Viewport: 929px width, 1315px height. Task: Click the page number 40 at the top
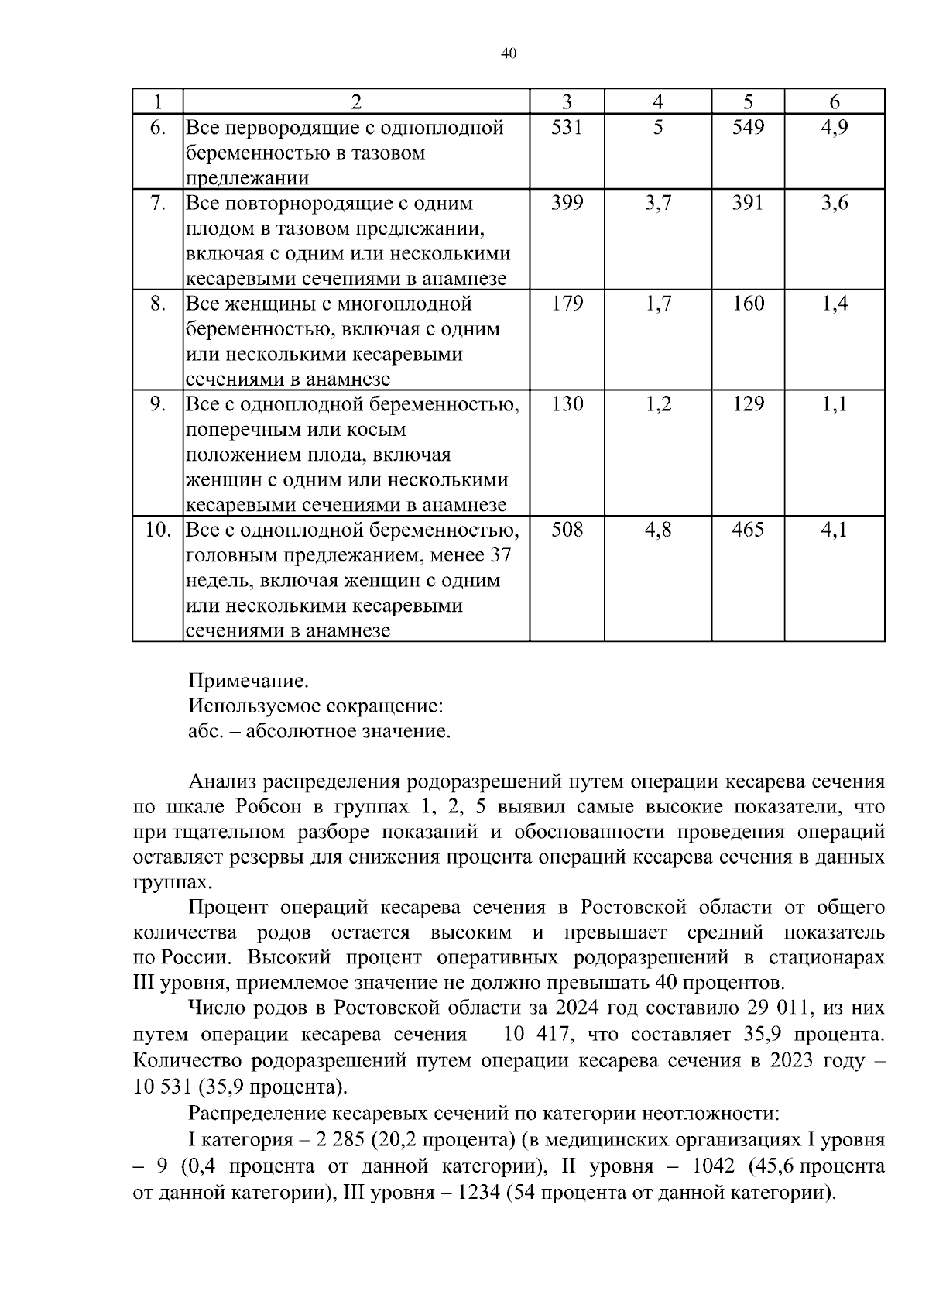tap(508, 53)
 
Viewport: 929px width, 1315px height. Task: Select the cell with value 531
tap(567, 128)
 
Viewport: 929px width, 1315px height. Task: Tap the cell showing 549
tap(748, 128)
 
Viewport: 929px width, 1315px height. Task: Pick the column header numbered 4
tap(658, 102)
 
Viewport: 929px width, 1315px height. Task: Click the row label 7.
tap(158, 204)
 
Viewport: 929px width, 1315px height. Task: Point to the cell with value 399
tap(567, 204)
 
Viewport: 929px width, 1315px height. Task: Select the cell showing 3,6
tap(835, 204)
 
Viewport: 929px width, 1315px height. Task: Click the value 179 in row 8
tap(567, 304)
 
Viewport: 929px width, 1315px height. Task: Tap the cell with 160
tap(748, 304)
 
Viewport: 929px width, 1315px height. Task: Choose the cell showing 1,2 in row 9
tap(658, 404)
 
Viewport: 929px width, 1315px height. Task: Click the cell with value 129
tap(748, 404)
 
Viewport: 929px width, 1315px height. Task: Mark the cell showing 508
tap(567, 530)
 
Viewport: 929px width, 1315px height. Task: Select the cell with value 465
tap(748, 530)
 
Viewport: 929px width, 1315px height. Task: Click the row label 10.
tap(158, 530)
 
